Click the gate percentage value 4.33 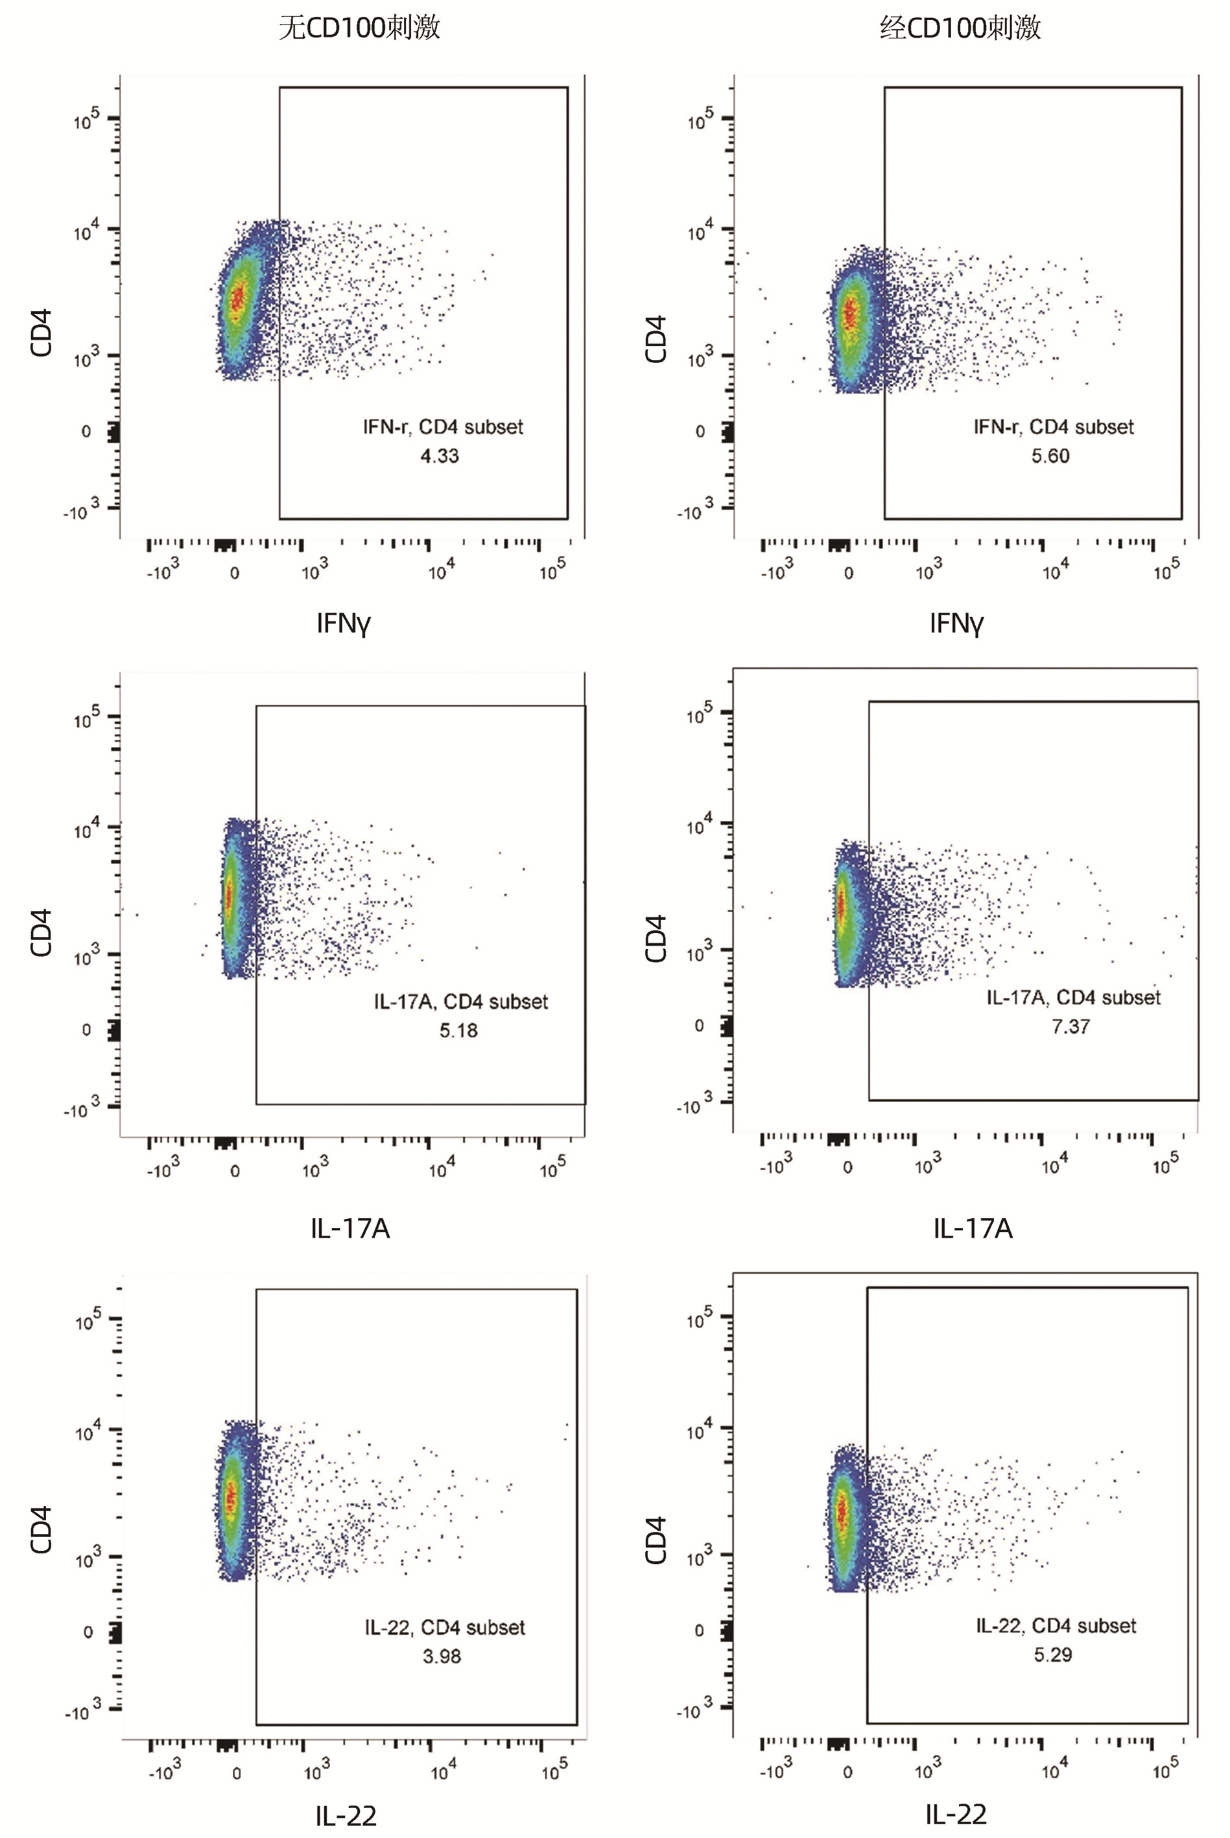coord(440,456)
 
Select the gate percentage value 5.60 coord(1050,456)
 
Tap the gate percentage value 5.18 coord(458,1030)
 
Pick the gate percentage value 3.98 coord(442,1656)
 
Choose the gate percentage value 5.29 coord(1053,1655)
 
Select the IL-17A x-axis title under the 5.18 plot coord(350,1229)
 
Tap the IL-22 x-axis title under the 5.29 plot coord(956,1814)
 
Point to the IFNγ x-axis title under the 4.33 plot coord(343,624)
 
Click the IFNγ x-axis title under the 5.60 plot coord(956,624)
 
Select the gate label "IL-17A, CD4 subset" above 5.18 coord(460,1001)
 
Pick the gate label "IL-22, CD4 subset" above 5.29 coord(1056,1625)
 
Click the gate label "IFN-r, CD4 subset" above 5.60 coord(1054,427)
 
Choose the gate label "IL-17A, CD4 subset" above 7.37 coord(1073,997)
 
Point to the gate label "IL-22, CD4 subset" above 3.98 coord(445,1627)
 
